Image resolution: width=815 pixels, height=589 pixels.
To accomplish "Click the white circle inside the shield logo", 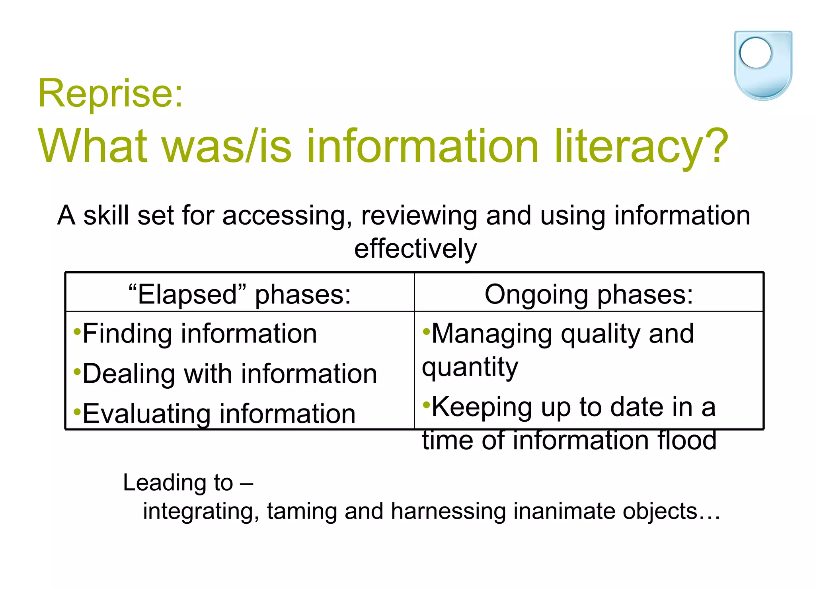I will click(755, 53).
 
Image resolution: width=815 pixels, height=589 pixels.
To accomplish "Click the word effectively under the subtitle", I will click(415, 249).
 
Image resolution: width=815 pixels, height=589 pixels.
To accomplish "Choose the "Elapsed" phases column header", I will click(240, 294).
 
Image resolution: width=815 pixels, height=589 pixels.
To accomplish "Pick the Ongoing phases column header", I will click(589, 294).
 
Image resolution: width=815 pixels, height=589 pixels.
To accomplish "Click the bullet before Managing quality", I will click(426, 331).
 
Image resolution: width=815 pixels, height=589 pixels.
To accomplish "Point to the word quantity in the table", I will click(470, 367).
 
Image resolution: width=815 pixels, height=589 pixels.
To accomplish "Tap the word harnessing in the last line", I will click(448, 511).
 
